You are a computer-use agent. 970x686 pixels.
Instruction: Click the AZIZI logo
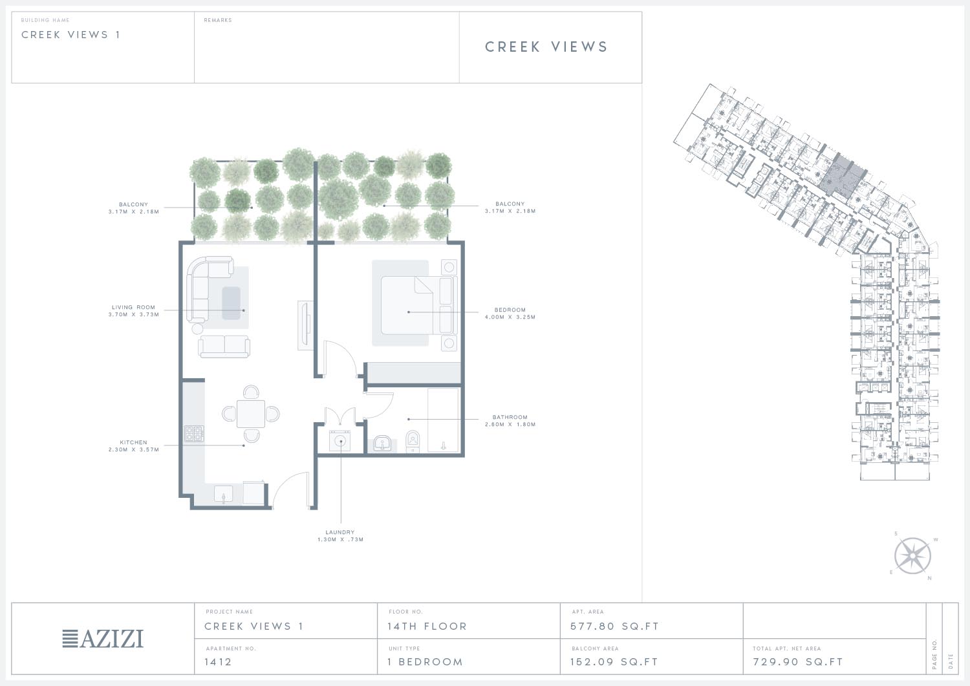point(103,638)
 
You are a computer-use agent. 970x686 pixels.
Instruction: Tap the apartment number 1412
point(219,661)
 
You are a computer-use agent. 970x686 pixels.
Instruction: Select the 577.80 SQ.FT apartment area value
point(614,627)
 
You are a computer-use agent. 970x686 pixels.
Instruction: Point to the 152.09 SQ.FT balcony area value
point(614,661)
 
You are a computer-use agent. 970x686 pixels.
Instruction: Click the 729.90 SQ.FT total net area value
point(798,661)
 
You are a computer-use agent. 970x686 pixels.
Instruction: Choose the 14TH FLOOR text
point(427,627)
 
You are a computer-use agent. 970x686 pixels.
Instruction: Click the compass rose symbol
point(912,555)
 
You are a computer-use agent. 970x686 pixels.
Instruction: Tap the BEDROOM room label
point(510,310)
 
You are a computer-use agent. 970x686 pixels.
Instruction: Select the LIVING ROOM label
point(133,307)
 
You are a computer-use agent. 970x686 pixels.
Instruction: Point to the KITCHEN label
point(133,442)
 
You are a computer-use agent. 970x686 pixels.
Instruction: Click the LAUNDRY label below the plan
point(340,532)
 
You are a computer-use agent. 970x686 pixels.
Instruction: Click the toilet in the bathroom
point(413,442)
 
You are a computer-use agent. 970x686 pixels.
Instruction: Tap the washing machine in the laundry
point(340,442)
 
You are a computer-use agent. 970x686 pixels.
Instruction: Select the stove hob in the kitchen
point(195,433)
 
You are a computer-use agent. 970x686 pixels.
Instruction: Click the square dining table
point(251,414)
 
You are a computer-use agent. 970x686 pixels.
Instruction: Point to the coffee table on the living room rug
point(232,303)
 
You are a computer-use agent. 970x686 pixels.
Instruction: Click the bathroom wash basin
point(382,444)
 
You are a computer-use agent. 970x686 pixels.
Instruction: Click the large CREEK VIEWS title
point(546,47)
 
